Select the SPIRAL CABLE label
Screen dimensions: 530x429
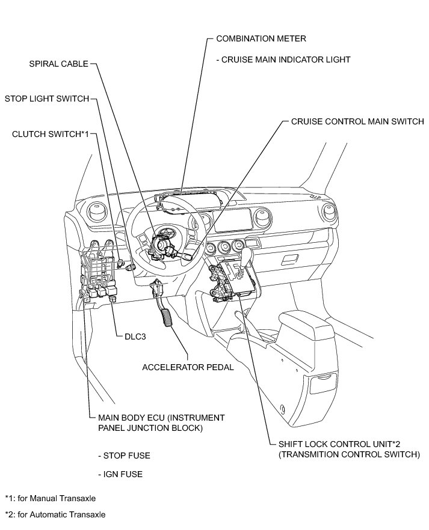pyautogui.click(x=58, y=63)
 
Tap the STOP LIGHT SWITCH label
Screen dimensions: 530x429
pyautogui.click(x=47, y=98)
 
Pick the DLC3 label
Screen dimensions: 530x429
pyautogui.click(x=132, y=337)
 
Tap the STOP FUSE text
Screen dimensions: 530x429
pyautogui.click(x=124, y=455)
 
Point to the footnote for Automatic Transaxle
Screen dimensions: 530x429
pyautogui.click(x=55, y=514)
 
